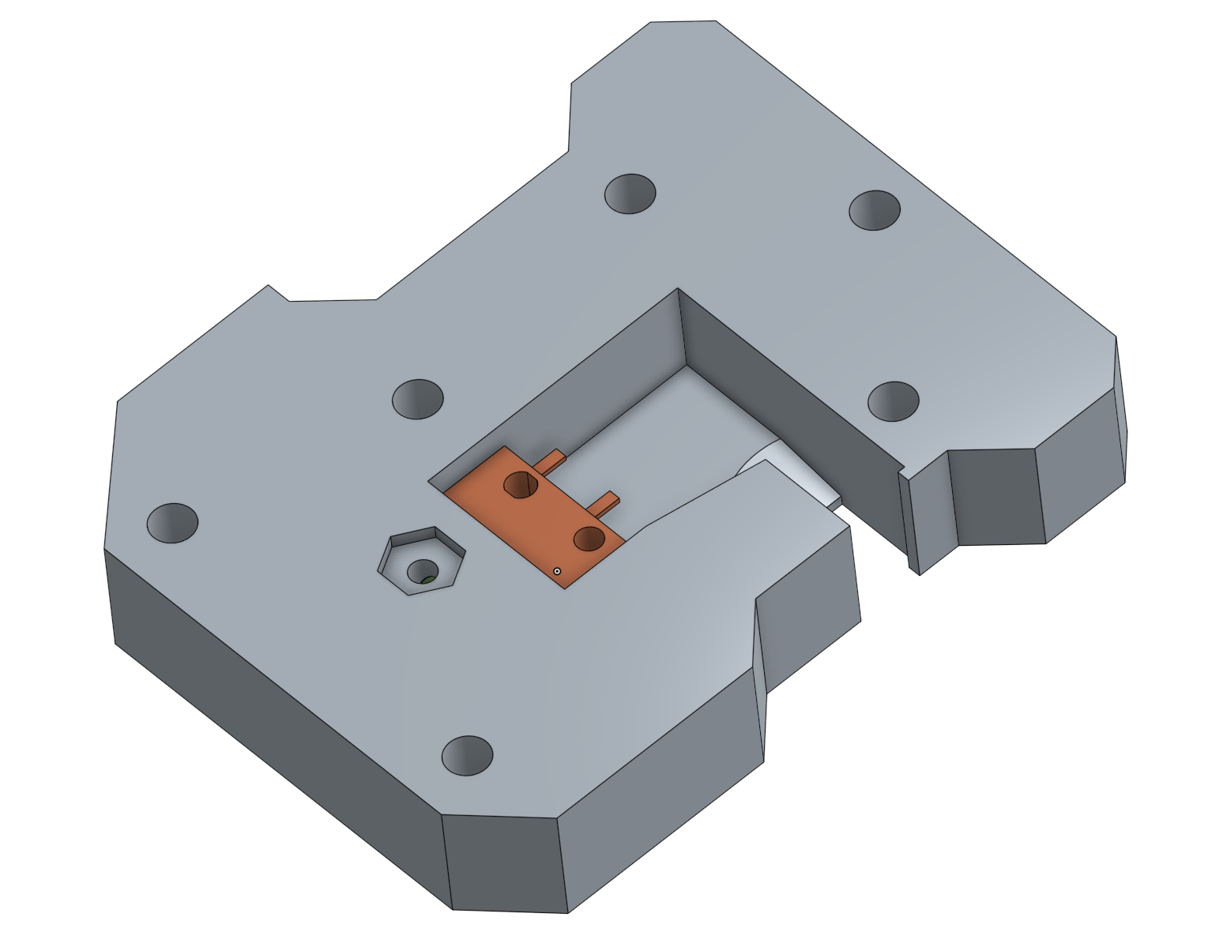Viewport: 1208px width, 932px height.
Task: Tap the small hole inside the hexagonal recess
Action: click(422, 570)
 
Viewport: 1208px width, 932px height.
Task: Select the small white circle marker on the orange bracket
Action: click(557, 570)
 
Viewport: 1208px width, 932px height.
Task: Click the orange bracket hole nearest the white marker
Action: click(589, 539)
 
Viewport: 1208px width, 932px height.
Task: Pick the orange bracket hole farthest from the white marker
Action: click(521, 483)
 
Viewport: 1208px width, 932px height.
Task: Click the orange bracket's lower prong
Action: click(608, 501)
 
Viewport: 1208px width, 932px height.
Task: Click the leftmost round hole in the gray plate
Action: click(172, 523)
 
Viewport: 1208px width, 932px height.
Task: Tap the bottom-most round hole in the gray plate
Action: click(467, 755)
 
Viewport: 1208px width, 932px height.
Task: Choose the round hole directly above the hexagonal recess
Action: click(418, 398)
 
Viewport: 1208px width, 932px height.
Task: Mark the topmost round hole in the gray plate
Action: click(630, 194)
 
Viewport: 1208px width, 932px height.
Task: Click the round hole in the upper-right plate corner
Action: click(875, 210)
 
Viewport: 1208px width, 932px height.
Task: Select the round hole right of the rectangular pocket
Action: click(893, 401)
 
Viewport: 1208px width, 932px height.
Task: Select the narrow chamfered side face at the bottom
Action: click(506, 861)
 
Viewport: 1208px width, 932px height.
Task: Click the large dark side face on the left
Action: click(269, 687)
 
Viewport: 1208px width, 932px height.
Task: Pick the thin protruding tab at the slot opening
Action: click(910, 521)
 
